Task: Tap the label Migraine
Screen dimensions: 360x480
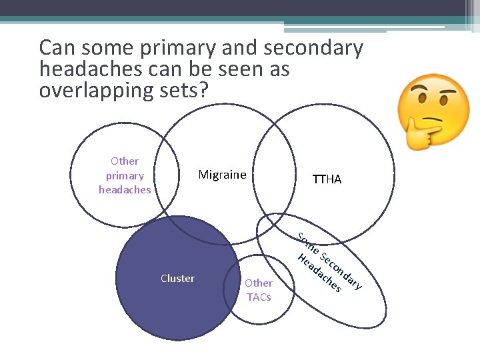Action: tap(222, 175)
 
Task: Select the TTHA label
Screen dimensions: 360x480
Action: tap(327, 179)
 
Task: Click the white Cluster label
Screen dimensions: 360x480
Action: tap(177, 278)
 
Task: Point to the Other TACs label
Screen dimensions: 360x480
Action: tap(259, 290)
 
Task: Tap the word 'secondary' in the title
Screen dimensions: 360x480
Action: tap(313, 48)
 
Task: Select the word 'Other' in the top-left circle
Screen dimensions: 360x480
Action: tap(125, 161)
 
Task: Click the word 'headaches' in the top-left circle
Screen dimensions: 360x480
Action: tap(125, 189)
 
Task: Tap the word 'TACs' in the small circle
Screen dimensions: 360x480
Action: tap(259, 297)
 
